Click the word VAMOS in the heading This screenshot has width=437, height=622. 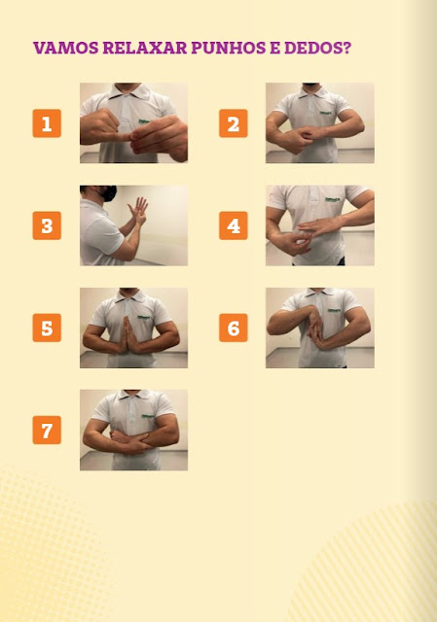[x=66, y=48]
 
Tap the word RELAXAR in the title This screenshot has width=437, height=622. [x=145, y=48]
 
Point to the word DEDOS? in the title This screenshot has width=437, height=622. [x=318, y=48]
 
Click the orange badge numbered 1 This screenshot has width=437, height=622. [x=47, y=123]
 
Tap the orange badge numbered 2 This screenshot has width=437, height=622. [x=234, y=123]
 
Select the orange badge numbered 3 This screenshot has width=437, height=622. [x=47, y=225]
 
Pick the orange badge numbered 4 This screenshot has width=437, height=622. [x=234, y=225]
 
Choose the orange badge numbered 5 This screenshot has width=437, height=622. [x=47, y=328]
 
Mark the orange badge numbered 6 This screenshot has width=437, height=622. [x=234, y=328]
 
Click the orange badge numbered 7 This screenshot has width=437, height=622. [x=47, y=430]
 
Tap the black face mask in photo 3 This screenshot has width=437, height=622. [x=108, y=193]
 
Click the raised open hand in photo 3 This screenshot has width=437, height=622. [x=138, y=209]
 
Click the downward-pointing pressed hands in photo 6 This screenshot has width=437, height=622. [x=316, y=328]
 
